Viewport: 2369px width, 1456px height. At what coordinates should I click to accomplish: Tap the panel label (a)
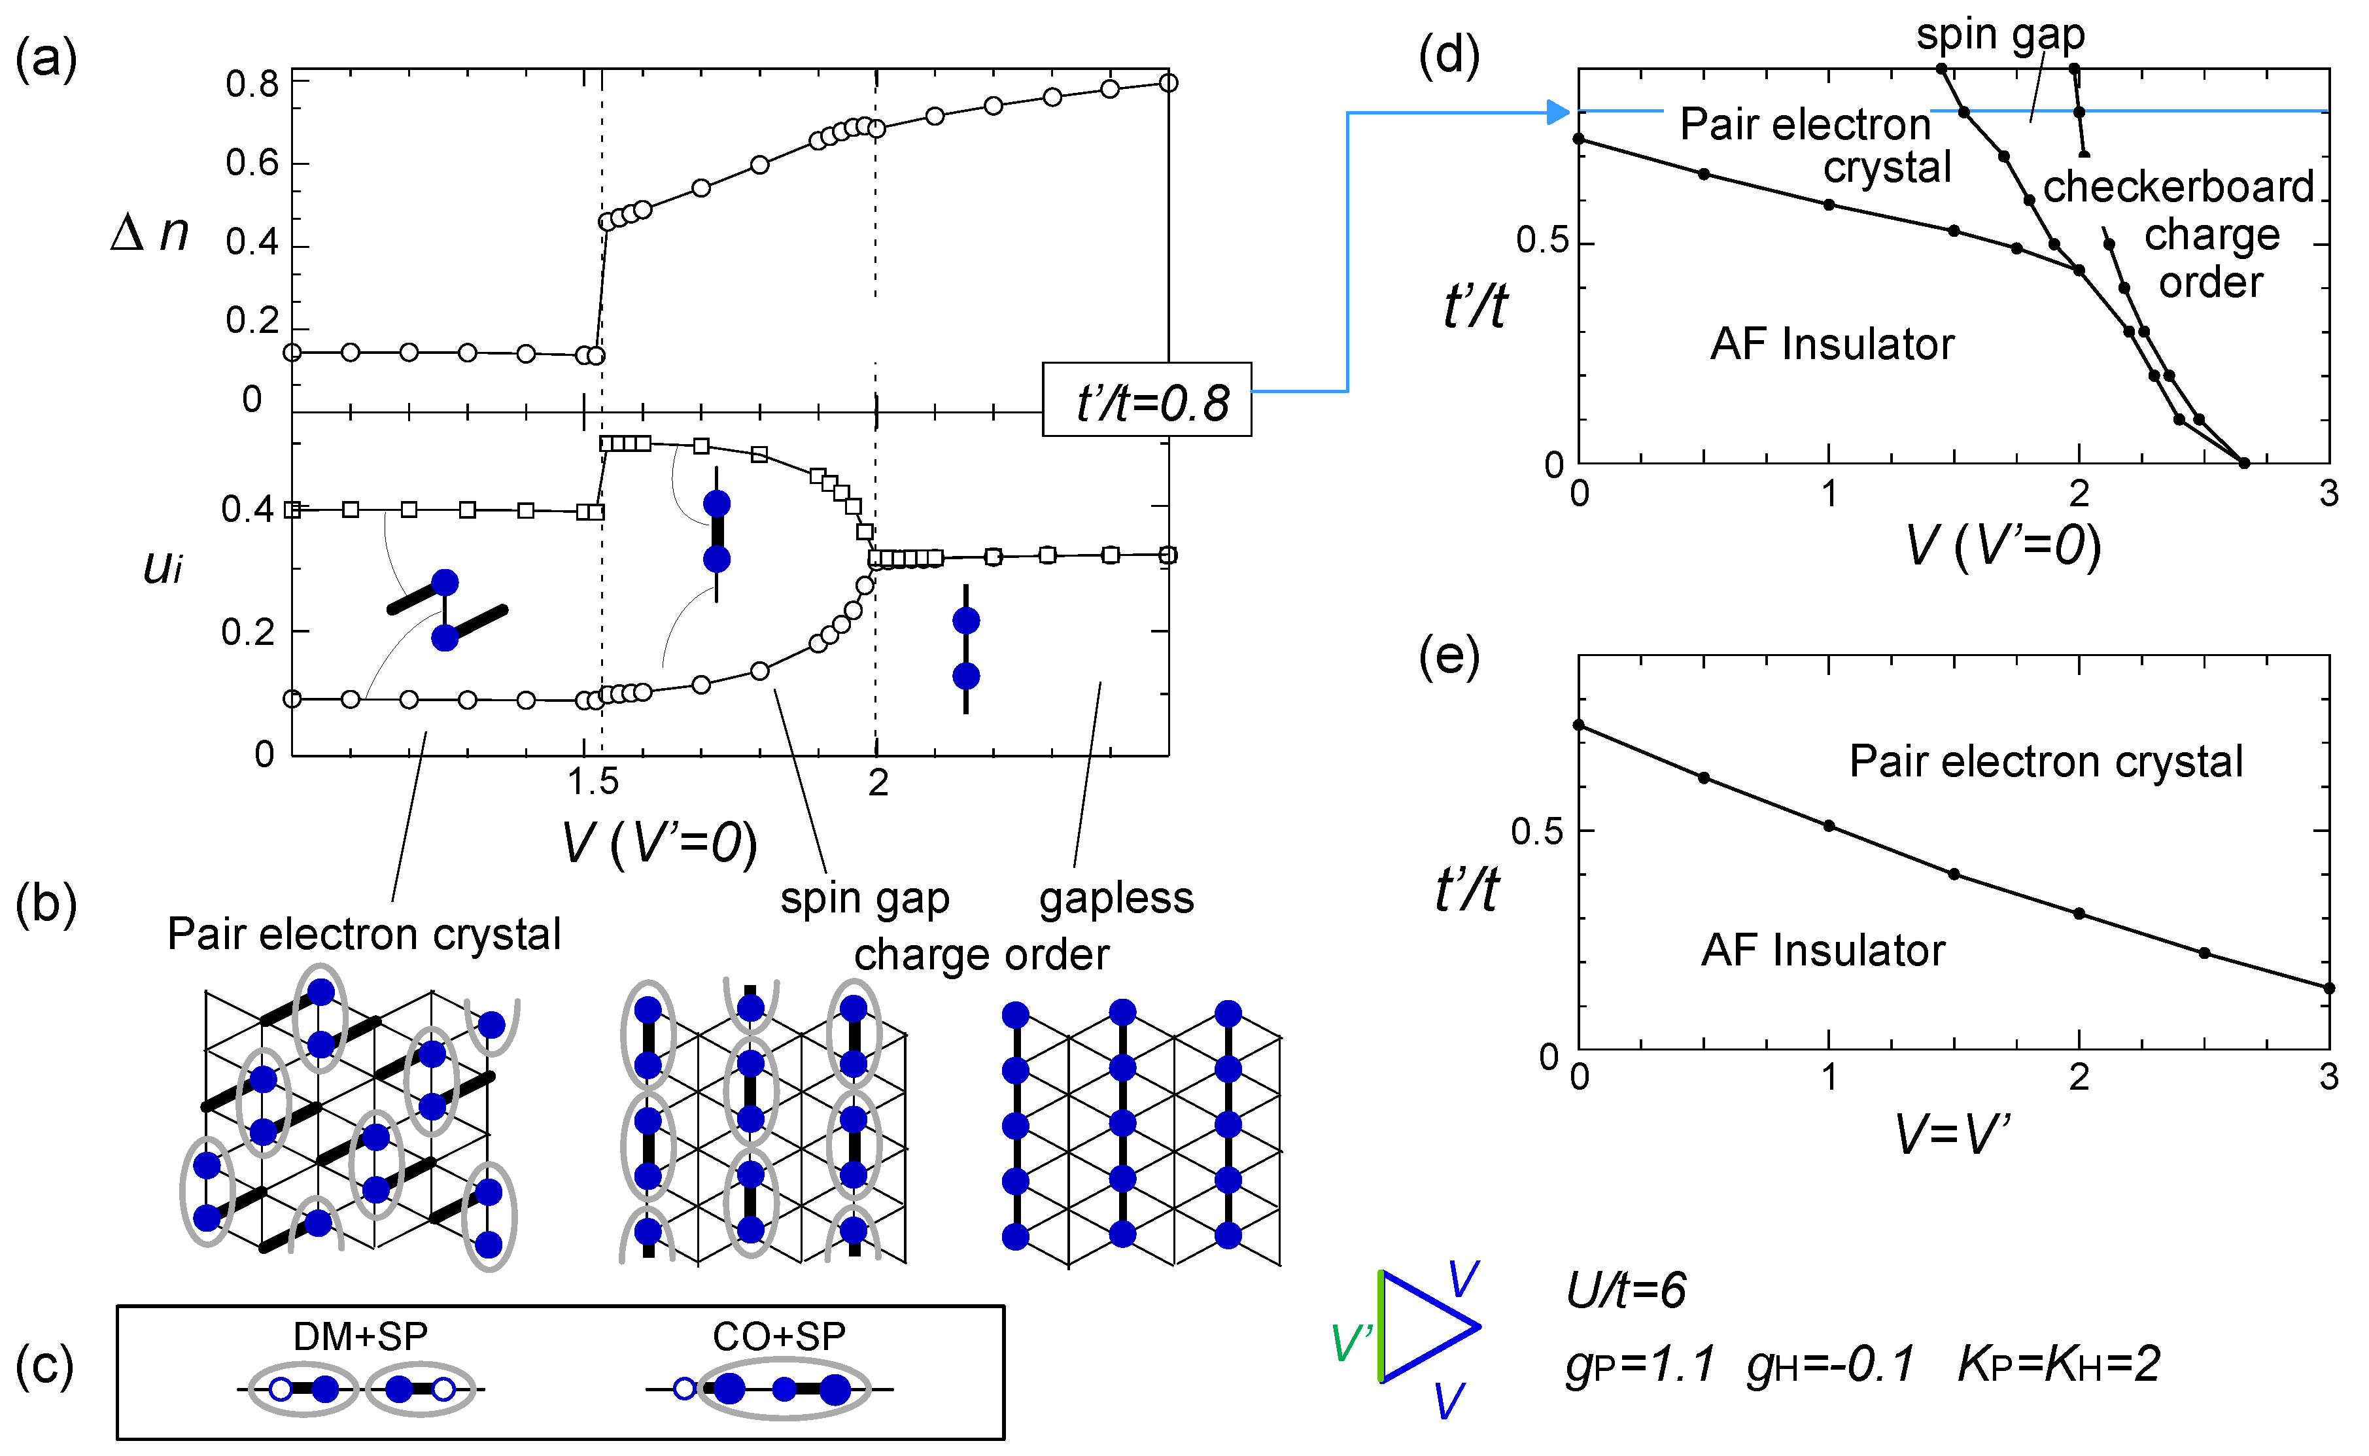point(45,60)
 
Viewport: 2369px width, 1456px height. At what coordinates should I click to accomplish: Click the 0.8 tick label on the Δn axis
point(252,85)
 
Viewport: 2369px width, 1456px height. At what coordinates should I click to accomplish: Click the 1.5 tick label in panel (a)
point(592,782)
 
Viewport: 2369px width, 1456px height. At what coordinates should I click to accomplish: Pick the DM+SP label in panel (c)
point(360,1336)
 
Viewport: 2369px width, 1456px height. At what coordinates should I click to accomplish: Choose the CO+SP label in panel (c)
point(780,1336)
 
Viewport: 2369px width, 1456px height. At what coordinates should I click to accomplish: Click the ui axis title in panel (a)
point(163,566)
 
